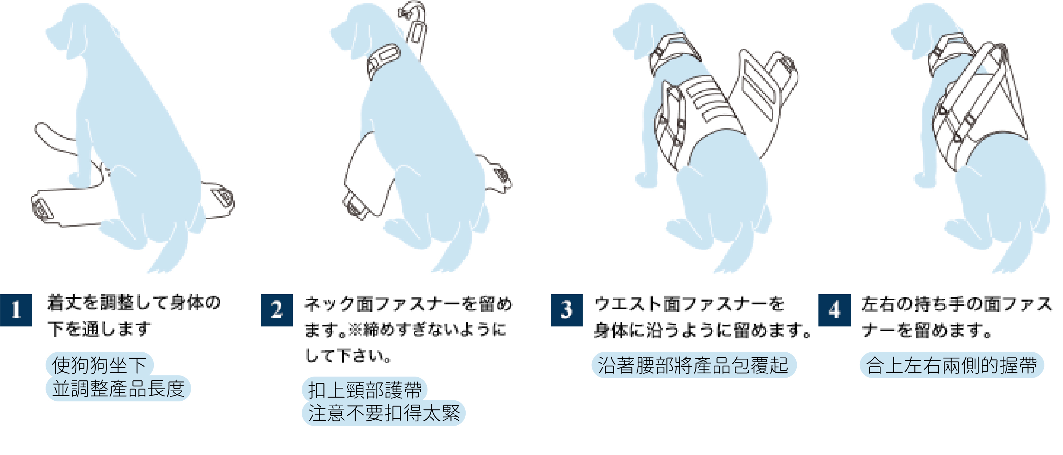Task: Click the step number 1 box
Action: pyautogui.click(x=16, y=310)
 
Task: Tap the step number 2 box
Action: pyautogui.click(x=277, y=310)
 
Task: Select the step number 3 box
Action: pyautogui.click(x=566, y=310)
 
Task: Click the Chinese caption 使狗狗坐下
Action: pyautogui.click(x=100, y=365)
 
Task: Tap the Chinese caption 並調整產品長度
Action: pyautogui.click(x=118, y=388)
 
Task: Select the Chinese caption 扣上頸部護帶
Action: pyautogui.click(x=364, y=389)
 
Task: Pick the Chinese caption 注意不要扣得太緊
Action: pyautogui.click(x=383, y=413)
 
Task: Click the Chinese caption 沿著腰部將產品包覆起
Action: pyautogui.click(x=693, y=365)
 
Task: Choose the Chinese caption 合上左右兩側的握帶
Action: pyautogui.click(x=951, y=365)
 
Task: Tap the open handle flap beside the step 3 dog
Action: pyautogui.click(x=763, y=87)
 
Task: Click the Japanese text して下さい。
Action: pyautogui.click(x=348, y=356)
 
